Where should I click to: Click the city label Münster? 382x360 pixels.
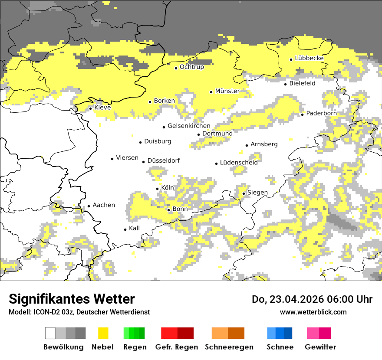[227, 91]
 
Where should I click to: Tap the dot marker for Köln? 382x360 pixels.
[158, 189]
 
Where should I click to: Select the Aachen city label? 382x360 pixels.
[104, 205]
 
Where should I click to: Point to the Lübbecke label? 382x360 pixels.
[309, 58]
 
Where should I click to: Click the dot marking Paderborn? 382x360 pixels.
[303, 115]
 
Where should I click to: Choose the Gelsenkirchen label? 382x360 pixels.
[189, 126]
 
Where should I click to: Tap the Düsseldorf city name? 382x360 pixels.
[163, 160]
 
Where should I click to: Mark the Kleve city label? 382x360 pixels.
[102, 108]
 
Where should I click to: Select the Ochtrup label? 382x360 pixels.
[191, 67]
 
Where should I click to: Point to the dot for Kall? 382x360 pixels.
[125, 229]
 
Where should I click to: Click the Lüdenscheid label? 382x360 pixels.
[239, 163]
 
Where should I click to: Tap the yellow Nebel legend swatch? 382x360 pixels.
[103, 333]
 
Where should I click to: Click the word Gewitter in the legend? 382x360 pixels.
[320, 347]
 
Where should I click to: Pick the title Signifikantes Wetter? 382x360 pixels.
[72, 299]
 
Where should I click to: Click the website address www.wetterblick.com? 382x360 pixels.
[313, 312]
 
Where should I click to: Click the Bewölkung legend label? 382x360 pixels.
[63, 347]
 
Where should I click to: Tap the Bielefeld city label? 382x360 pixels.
[302, 83]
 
